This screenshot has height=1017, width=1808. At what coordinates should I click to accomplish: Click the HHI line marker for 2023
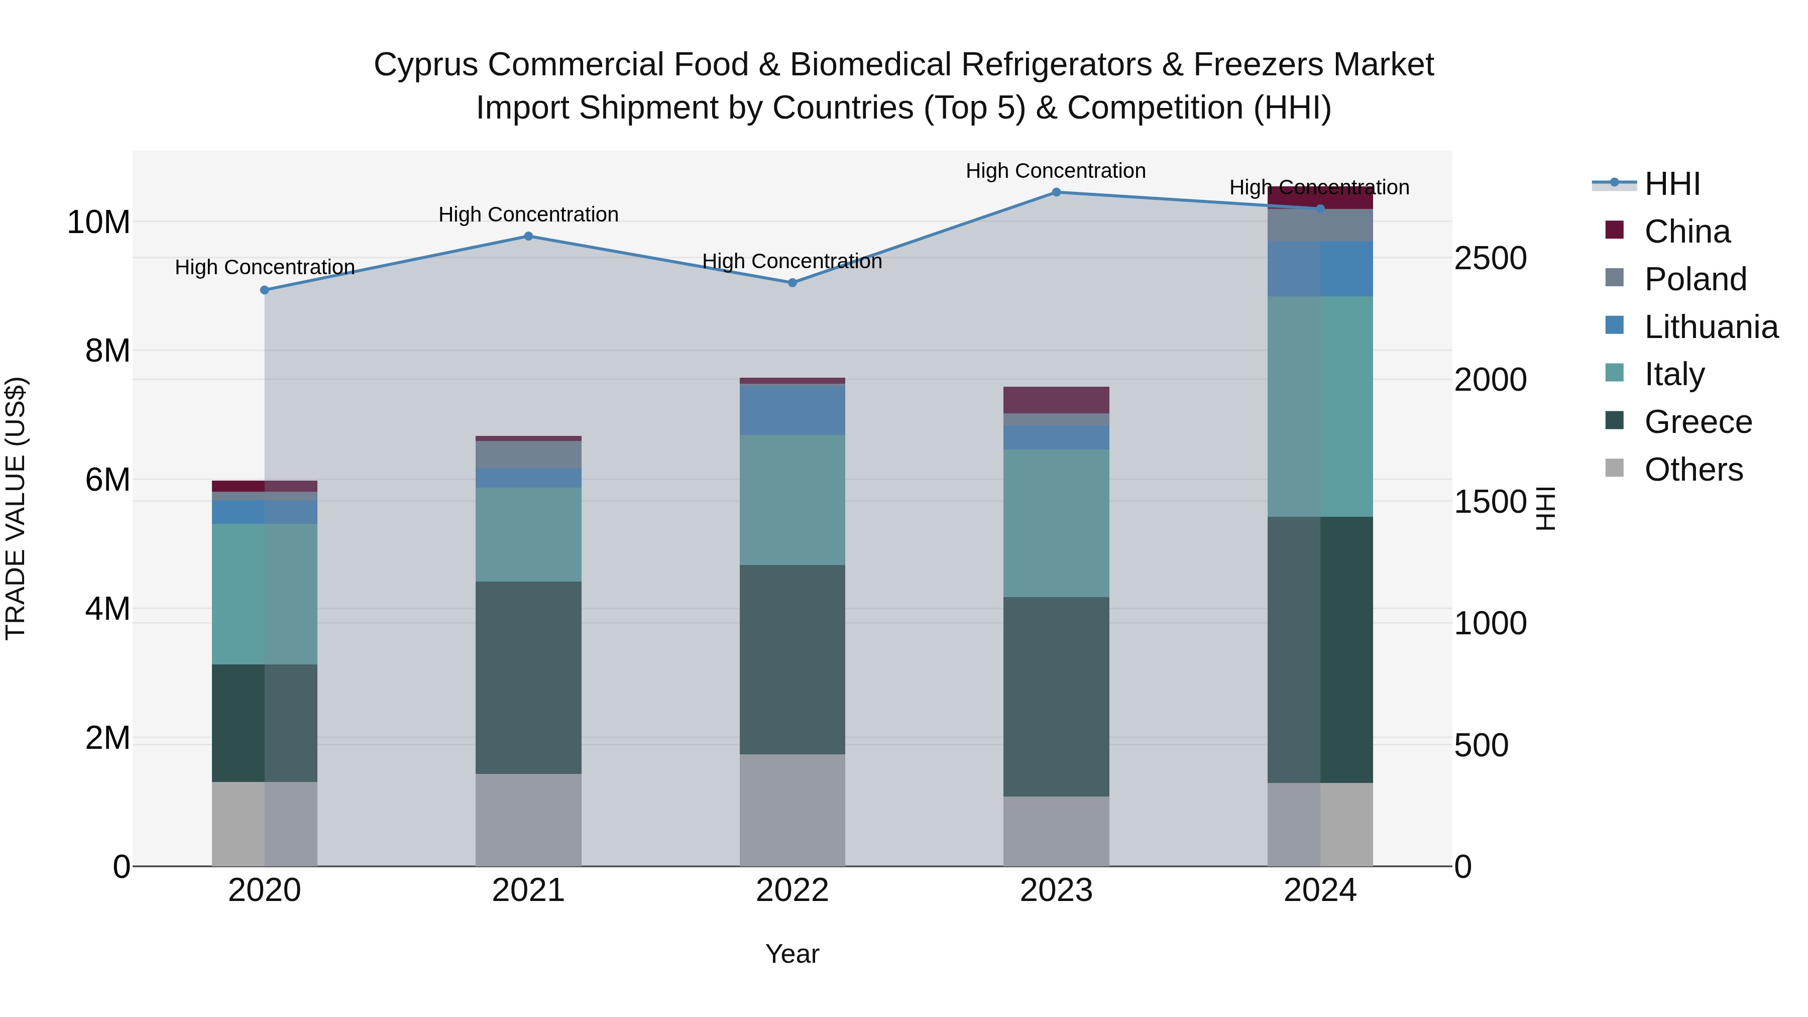point(1056,192)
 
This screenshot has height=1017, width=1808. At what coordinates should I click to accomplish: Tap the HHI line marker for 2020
point(265,290)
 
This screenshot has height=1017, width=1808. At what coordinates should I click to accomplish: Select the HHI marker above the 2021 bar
point(528,236)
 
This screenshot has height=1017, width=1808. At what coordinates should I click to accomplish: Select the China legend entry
point(1686,231)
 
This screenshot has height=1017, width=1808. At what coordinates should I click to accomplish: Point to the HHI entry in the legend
point(1671,184)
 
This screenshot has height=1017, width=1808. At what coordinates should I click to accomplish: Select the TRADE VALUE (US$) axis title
point(16,508)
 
